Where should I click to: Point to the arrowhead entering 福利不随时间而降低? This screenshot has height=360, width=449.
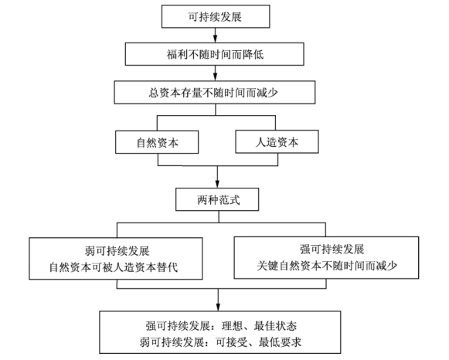point(216,39)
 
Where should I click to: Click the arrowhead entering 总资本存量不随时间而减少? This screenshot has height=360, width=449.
point(216,77)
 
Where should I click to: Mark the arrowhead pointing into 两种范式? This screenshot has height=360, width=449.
point(217,185)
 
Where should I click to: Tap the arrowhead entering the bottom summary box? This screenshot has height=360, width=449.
point(218,307)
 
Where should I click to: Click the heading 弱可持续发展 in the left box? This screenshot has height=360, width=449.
point(117,251)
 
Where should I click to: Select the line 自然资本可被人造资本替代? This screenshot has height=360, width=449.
point(114,267)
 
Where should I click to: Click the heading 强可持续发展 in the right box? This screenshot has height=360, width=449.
point(332,250)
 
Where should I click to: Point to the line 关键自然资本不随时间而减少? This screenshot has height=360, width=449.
point(327,266)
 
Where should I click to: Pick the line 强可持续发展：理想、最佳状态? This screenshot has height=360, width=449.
point(221,326)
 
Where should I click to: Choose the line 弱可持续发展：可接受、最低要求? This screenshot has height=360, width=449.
point(220,342)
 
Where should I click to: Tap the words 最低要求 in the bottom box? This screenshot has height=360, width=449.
point(280,342)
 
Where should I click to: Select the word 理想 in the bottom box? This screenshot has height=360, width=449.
point(233,326)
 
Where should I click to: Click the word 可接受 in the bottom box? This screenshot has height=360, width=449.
point(231,342)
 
